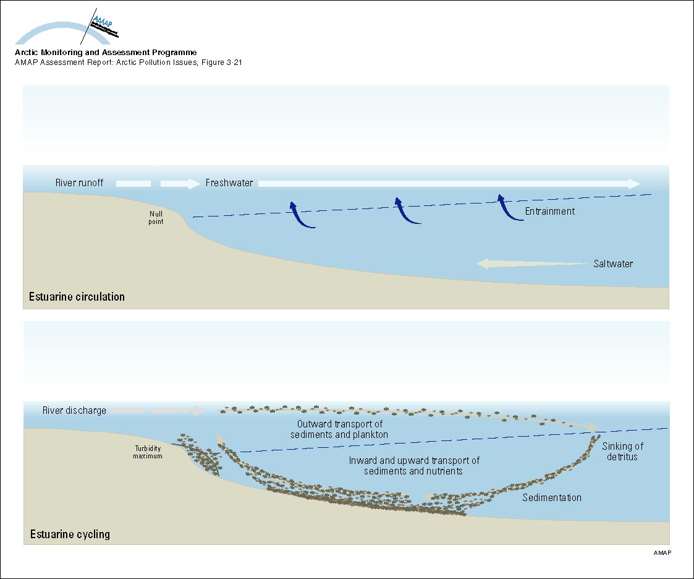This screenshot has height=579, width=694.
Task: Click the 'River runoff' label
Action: point(78,183)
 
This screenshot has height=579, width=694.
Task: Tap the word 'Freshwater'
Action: point(229,183)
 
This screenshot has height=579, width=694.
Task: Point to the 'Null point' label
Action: point(156,218)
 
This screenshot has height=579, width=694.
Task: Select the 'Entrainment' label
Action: point(549,211)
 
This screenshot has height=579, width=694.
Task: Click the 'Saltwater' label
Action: point(612,264)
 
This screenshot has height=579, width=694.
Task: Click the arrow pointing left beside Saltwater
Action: point(531,264)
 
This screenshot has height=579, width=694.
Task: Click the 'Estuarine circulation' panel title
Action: point(77,297)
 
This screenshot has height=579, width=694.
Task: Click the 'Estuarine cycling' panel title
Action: point(69,534)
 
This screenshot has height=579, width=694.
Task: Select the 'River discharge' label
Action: point(74,410)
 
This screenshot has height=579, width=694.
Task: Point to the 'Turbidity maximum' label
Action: point(149,452)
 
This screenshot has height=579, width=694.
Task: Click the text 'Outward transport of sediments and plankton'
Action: point(339,429)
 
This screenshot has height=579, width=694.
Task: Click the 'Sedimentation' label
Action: point(552,497)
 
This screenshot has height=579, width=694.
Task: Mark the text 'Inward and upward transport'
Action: point(414,460)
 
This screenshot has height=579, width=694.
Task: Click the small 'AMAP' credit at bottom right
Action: point(661,552)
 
